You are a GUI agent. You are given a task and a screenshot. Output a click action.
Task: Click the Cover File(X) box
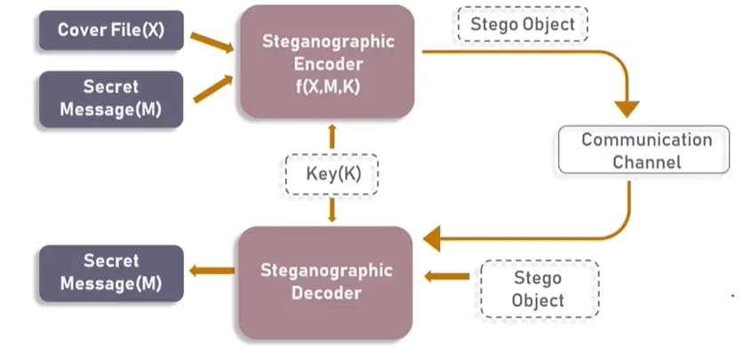[110, 30]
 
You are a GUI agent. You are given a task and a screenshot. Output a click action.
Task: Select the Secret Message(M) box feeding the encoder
[110, 100]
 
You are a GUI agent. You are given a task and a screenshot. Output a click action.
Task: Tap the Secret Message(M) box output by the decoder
[110, 273]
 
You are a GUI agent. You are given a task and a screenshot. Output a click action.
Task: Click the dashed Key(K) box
[332, 174]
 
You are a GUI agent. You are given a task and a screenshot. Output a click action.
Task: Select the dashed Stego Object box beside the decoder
[538, 289]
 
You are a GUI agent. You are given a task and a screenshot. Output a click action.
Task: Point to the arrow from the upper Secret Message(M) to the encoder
[212, 86]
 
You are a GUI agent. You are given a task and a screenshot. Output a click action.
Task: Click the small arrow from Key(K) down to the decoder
[332, 211]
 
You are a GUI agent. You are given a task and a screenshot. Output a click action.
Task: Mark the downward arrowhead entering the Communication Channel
[627, 108]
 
